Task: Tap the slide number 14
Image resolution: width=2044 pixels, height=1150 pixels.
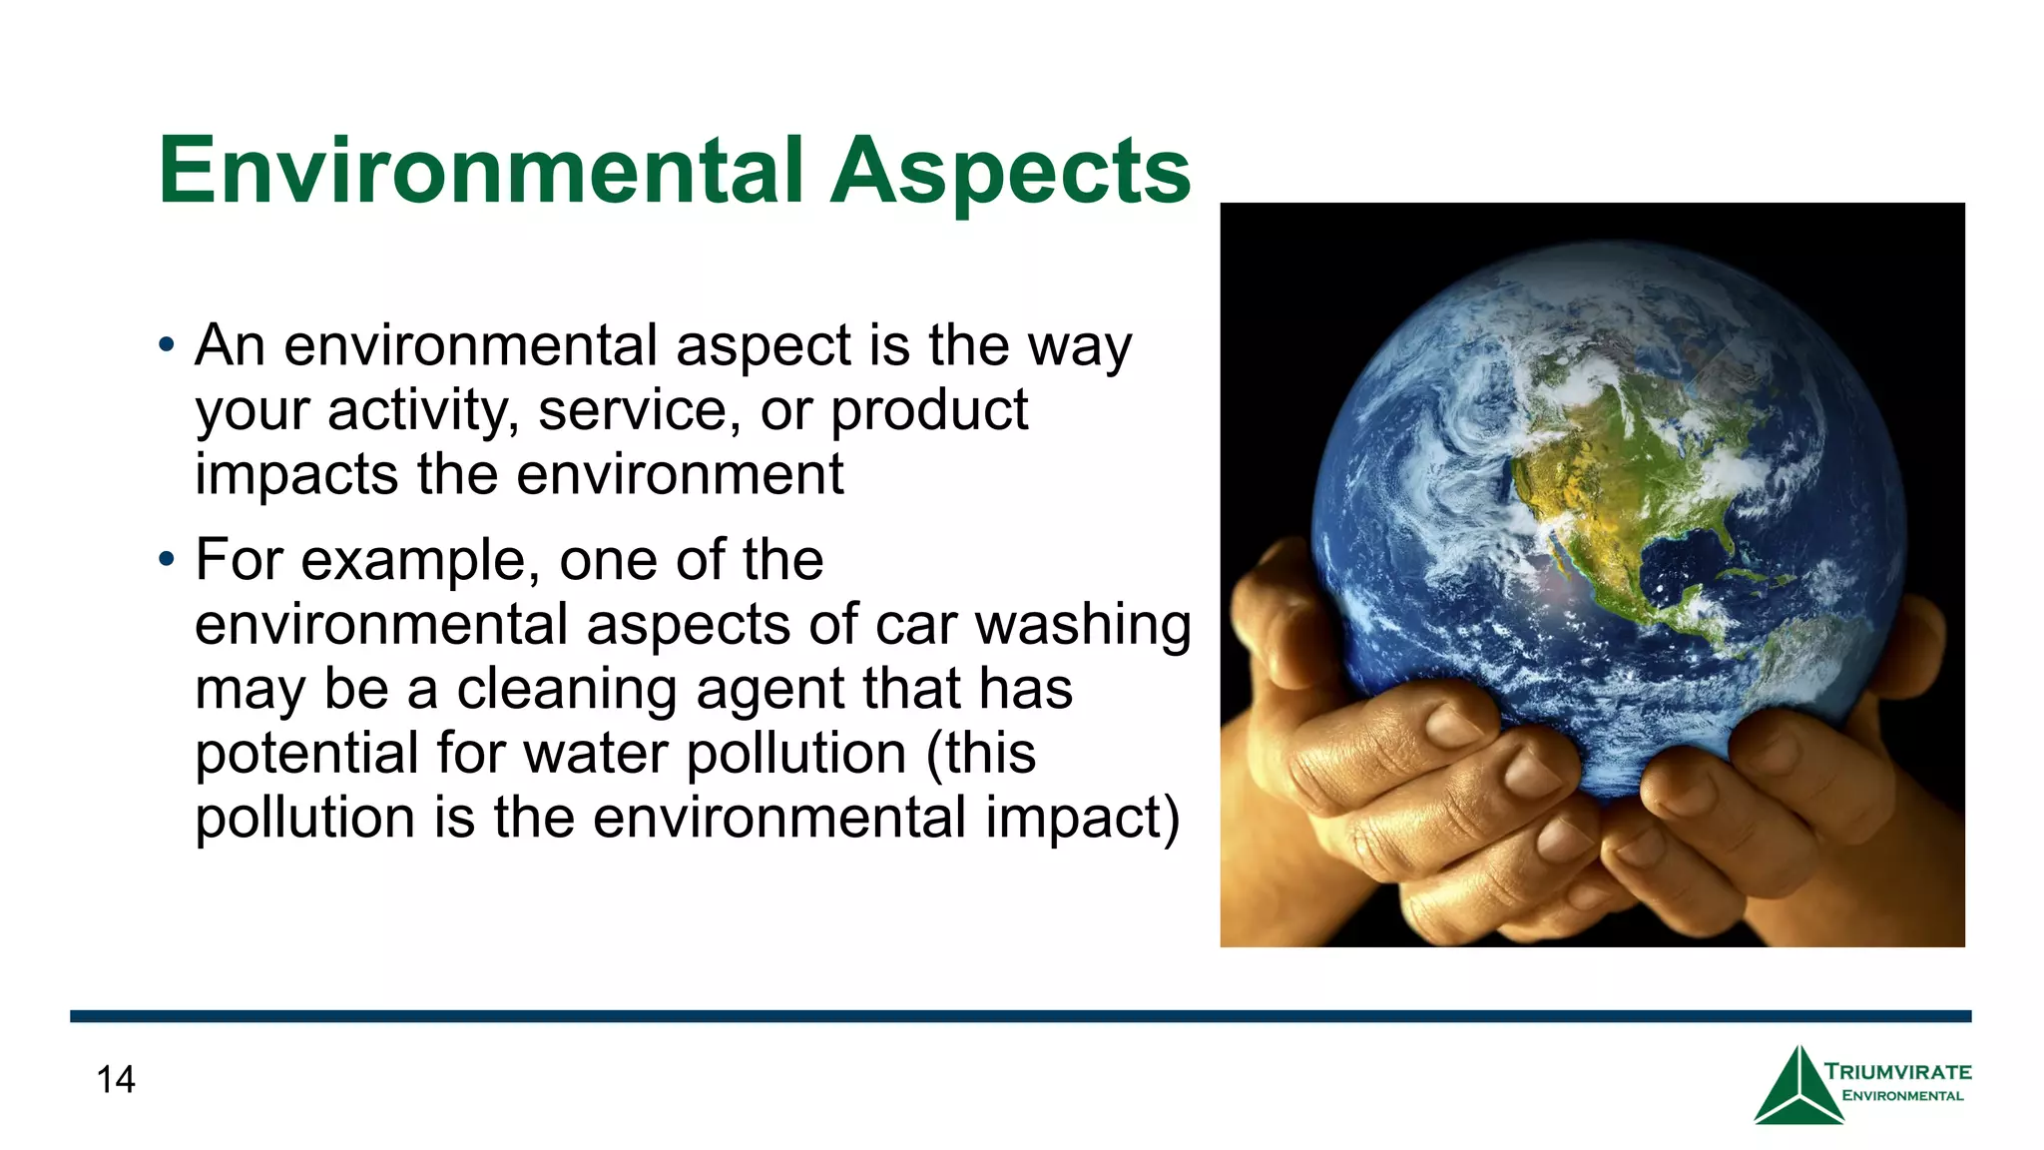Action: [116, 1079]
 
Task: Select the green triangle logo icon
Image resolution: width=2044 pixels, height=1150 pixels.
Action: [1798, 1088]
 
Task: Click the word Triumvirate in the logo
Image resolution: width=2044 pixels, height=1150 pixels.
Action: [1898, 1072]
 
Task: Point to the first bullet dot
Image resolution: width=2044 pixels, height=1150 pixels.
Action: [166, 346]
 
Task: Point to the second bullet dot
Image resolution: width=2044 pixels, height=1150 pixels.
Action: [166, 560]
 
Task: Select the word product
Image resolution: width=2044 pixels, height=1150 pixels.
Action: [929, 410]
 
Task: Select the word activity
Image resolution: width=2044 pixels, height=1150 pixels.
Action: [422, 410]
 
